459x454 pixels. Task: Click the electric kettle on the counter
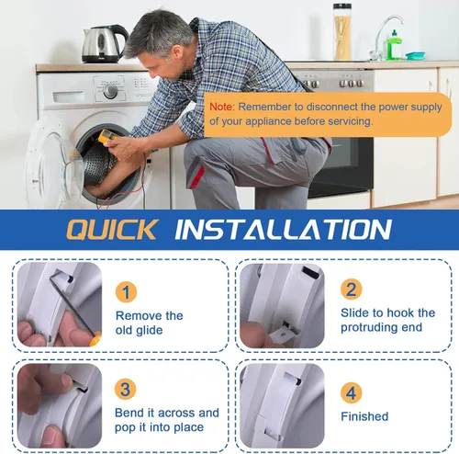pyautogui.click(x=105, y=44)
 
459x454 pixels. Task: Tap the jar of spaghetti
pyautogui.click(x=342, y=31)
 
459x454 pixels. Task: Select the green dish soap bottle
pyautogui.click(x=395, y=45)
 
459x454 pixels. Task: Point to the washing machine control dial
pyautogui.click(x=110, y=91)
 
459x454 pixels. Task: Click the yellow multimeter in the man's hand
pyautogui.click(x=106, y=136)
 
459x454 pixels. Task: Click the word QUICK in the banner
pyautogui.click(x=112, y=229)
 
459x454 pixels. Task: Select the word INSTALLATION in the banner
pyautogui.click(x=283, y=229)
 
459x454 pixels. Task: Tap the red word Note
pyautogui.click(x=222, y=107)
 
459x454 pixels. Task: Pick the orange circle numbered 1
pyautogui.click(x=126, y=292)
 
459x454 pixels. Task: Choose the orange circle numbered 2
pyautogui.click(x=352, y=289)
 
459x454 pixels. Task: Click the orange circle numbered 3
pyautogui.click(x=126, y=389)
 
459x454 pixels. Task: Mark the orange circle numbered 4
pyautogui.click(x=352, y=392)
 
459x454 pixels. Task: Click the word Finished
pyautogui.click(x=364, y=416)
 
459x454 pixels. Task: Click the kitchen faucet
pyautogui.click(x=386, y=37)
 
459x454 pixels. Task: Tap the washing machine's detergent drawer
pyautogui.click(x=69, y=96)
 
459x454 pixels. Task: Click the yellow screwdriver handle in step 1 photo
pyautogui.click(x=95, y=340)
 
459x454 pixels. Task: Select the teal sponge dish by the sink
pyautogui.click(x=415, y=56)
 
